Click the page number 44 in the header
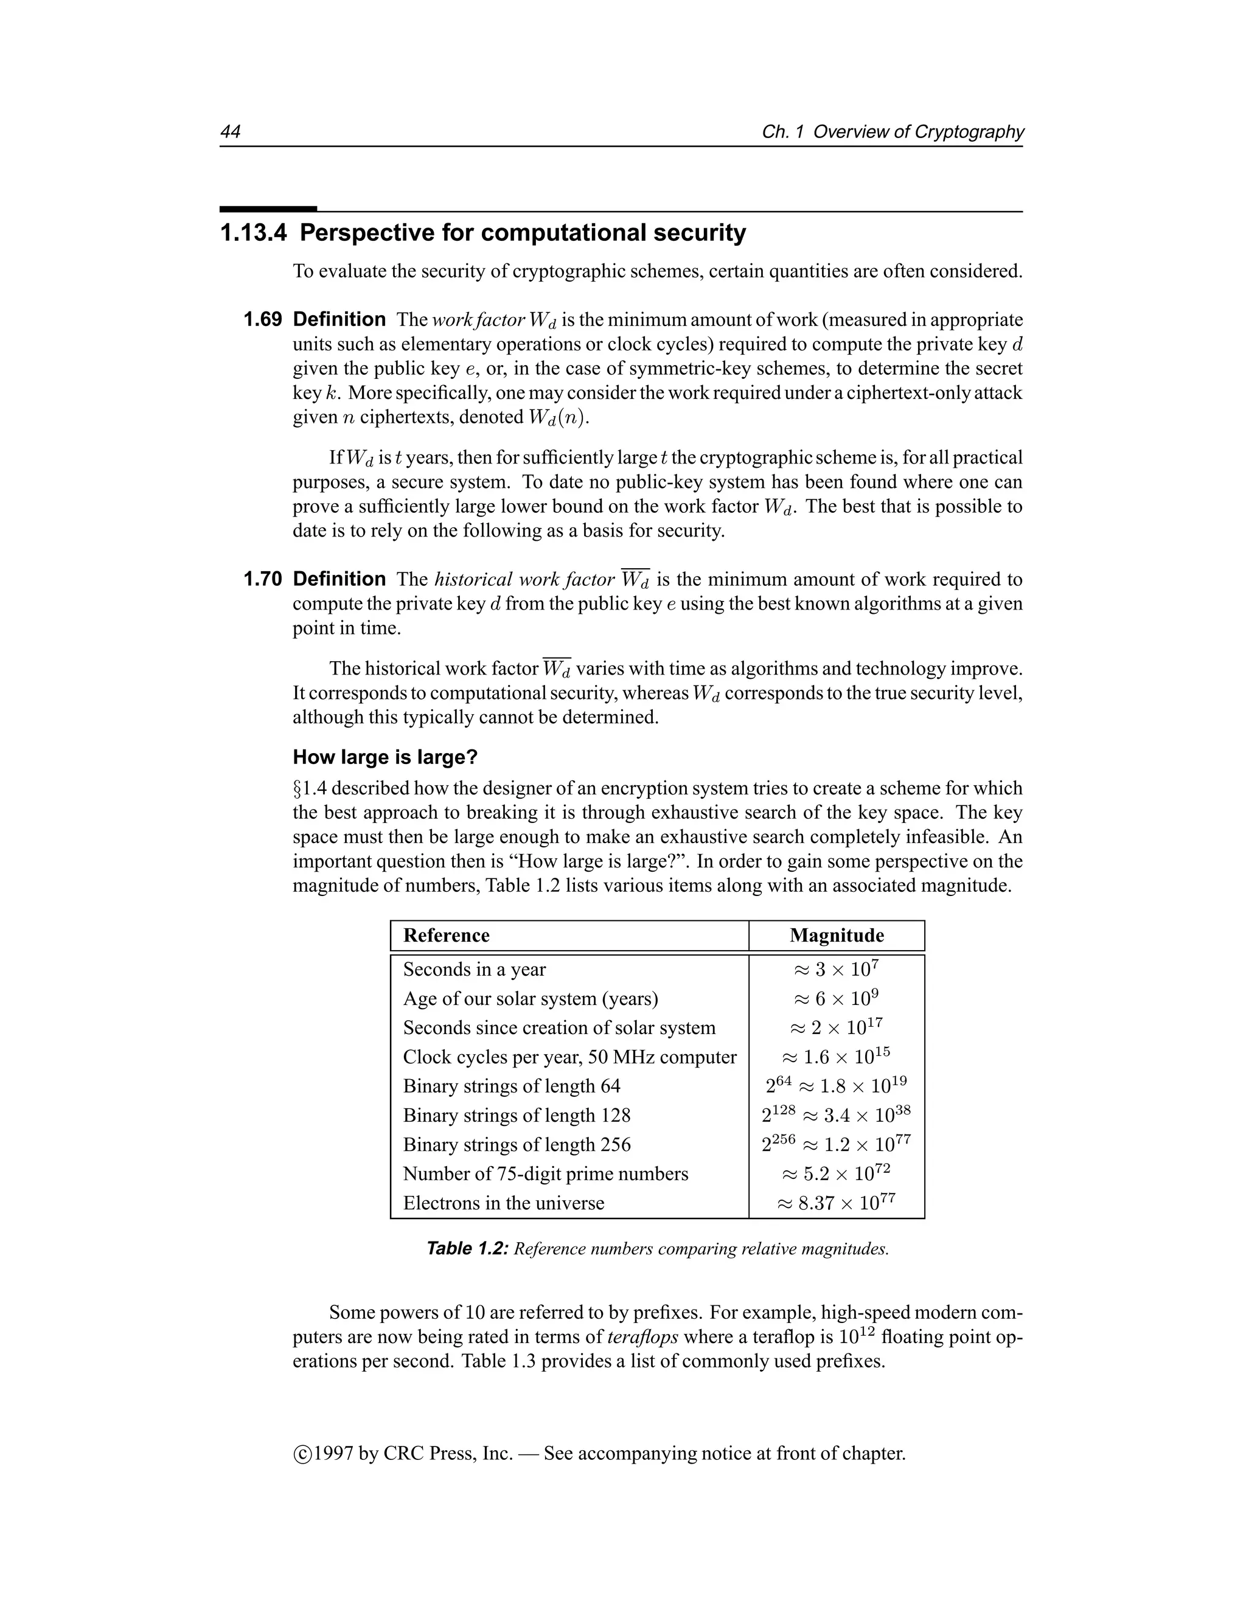(x=231, y=131)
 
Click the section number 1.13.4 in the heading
(x=253, y=233)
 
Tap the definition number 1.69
(x=262, y=319)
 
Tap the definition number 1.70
(x=262, y=578)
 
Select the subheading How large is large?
(x=385, y=757)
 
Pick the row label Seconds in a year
(x=474, y=969)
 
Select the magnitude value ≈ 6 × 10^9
(x=837, y=999)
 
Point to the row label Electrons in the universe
(x=503, y=1203)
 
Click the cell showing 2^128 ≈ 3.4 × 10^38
(x=837, y=1115)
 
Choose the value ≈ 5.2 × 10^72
(x=837, y=1173)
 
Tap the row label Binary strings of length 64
(x=512, y=1086)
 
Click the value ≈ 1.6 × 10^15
(x=837, y=1057)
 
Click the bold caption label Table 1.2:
(x=467, y=1249)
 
